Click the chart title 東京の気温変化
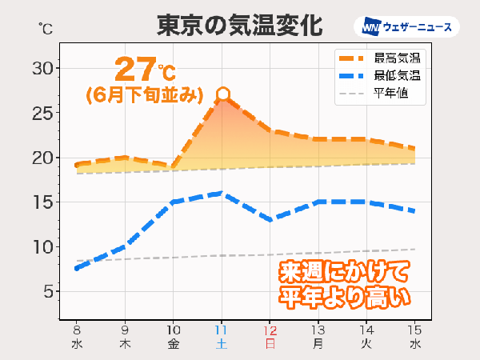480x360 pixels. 239,25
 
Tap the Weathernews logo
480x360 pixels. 408,27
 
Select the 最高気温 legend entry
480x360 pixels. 379,58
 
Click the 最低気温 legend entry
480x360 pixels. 379,76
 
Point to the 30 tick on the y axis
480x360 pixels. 42,69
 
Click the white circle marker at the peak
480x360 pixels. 223,95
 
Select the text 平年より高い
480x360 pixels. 343,297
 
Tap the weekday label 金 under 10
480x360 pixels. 174,345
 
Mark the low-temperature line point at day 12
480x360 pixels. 272,219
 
